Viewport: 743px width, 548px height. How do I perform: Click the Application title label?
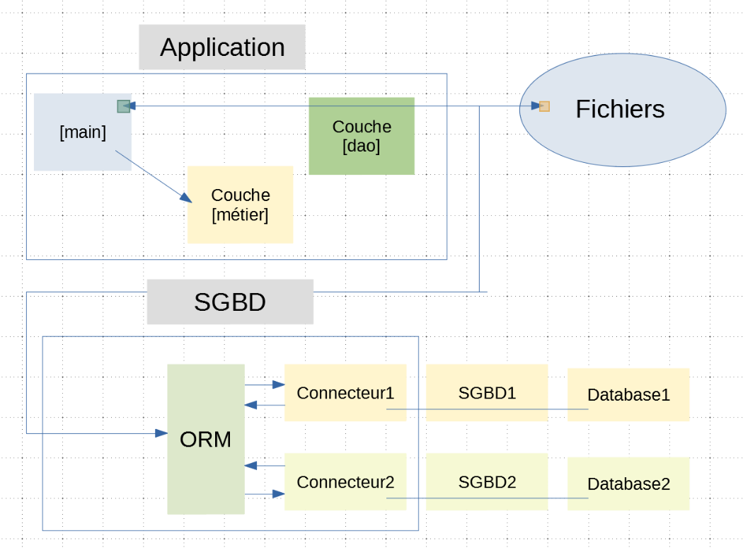222,47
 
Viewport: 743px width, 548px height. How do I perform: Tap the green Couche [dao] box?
362,136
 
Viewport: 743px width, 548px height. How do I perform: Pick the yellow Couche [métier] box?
241,205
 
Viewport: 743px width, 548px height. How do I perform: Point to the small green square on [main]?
123,106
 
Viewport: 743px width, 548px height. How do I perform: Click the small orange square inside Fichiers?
544,106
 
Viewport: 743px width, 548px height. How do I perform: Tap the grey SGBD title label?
230,302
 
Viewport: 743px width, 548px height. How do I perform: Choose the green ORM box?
206,439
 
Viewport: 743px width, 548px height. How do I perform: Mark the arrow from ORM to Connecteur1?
265,385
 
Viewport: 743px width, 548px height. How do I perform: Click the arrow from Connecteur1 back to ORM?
265,405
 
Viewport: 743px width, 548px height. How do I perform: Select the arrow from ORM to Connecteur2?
265,494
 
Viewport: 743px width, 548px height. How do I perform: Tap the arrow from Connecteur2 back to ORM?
265,465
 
